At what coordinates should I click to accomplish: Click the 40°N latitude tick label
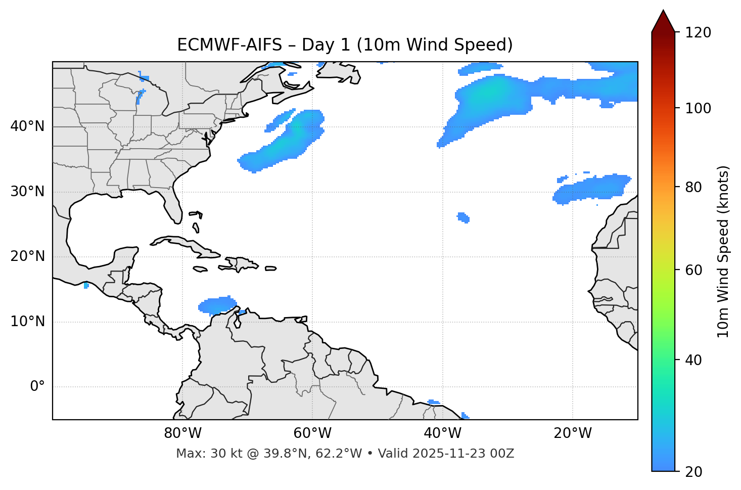27,126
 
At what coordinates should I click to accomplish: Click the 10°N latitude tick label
27,322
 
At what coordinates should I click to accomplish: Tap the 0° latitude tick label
37,387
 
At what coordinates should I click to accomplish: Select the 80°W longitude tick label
182,433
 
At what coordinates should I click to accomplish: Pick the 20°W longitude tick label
573,433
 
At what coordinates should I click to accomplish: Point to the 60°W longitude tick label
312,433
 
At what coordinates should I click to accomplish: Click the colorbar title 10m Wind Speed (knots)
723,251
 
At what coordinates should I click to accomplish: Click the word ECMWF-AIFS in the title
229,45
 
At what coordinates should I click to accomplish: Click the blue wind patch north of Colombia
217,305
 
